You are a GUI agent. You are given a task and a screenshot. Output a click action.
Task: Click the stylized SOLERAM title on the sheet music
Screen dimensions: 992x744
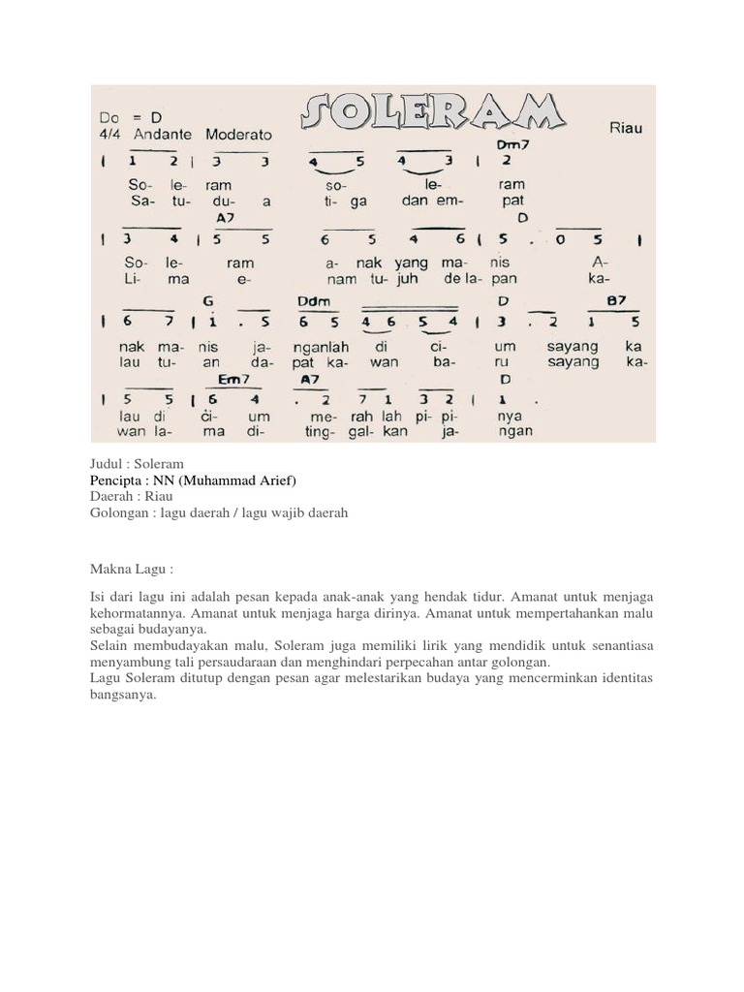click(x=432, y=116)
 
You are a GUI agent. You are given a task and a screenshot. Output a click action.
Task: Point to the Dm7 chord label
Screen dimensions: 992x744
click(x=509, y=144)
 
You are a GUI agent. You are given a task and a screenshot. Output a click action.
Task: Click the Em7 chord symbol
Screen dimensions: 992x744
click(x=232, y=379)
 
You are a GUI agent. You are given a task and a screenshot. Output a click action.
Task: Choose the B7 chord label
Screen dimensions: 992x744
click(x=617, y=300)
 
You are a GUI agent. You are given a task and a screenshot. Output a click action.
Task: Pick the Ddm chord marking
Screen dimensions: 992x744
click(x=315, y=300)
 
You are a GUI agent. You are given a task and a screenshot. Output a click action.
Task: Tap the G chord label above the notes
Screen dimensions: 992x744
click(x=208, y=300)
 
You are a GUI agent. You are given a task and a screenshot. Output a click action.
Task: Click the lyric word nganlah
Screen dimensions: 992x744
click(x=287, y=346)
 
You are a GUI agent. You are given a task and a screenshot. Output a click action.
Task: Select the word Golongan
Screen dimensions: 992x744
click(x=118, y=513)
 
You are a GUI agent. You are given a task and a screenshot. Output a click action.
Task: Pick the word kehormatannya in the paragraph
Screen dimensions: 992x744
click(x=136, y=614)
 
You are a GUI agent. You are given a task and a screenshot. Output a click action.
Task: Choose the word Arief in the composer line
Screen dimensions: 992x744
click(x=273, y=480)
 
